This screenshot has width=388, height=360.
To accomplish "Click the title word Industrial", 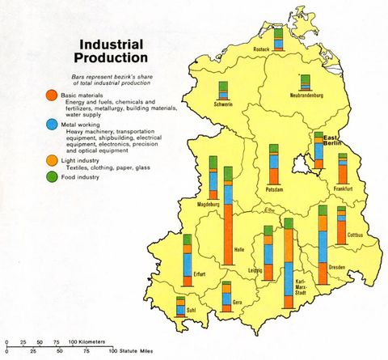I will (x=112, y=44).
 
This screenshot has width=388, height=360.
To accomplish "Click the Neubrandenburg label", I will (x=306, y=95).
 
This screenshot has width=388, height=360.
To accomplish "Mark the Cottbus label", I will (x=355, y=235).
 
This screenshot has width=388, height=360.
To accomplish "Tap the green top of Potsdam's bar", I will (x=273, y=149).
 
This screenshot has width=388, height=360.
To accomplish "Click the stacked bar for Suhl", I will (x=180, y=305).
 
